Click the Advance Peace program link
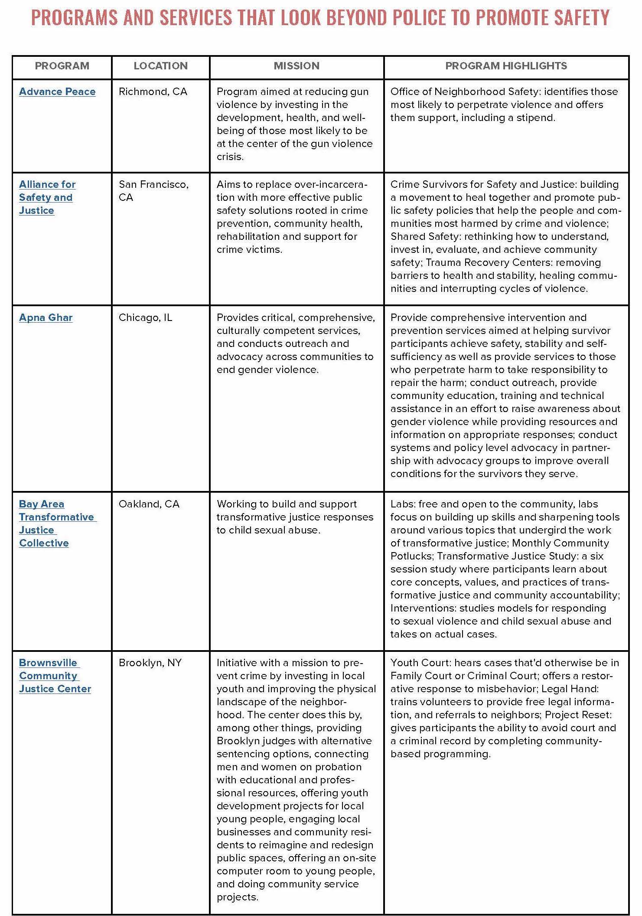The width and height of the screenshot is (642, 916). pos(57,92)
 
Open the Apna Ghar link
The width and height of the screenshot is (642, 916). pos(46,317)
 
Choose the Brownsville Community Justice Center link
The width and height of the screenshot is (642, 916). pos(55,676)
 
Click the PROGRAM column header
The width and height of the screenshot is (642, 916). pos(62,66)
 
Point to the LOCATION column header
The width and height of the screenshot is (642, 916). pos(160,66)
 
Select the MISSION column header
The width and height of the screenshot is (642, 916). pos(297,66)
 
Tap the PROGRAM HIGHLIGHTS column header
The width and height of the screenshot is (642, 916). pos(506,66)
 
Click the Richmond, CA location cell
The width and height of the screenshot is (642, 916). pos(153,92)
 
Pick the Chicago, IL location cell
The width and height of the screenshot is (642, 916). pos(145,317)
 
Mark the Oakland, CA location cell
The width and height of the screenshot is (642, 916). pos(149,504)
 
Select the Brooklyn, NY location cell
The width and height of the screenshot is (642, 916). pos(150,663)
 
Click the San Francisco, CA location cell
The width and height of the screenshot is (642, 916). pos(153,191)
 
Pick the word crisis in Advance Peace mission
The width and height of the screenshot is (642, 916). pos(230,157)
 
